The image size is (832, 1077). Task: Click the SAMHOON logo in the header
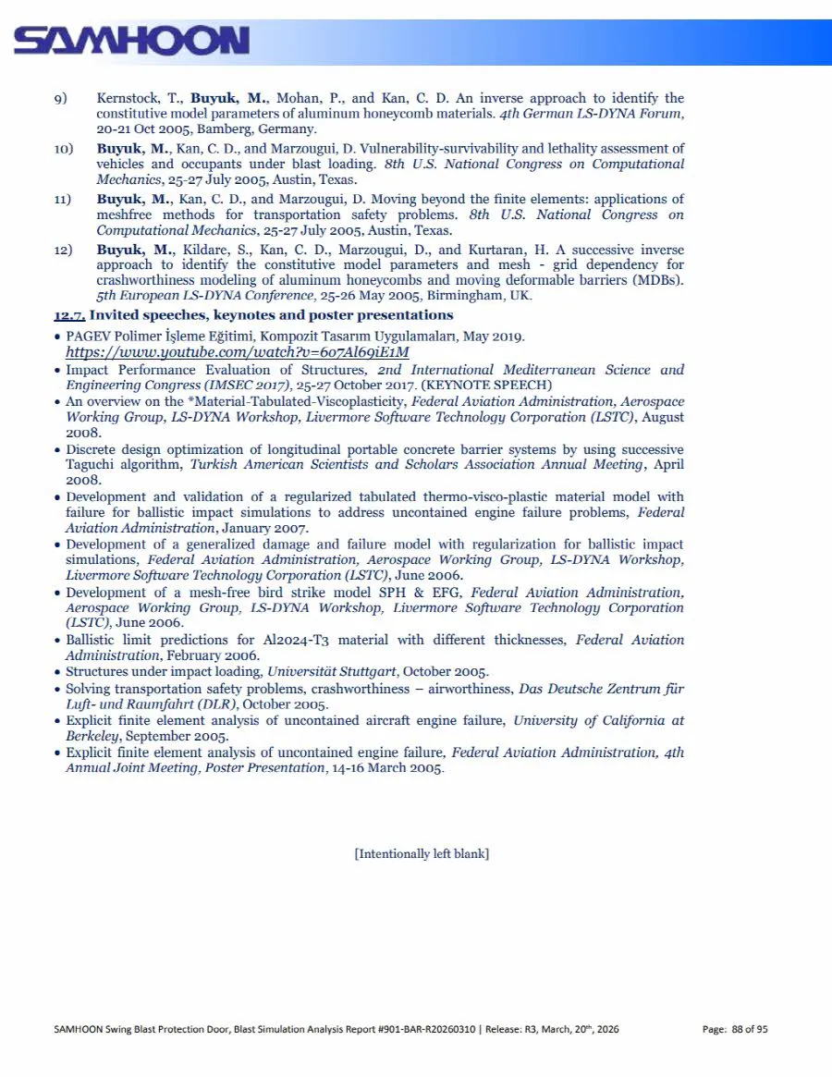131,40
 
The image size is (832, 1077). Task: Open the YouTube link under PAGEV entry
238,352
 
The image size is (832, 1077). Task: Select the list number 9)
61,98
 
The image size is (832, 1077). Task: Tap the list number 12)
63,251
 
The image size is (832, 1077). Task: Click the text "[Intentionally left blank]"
422,853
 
